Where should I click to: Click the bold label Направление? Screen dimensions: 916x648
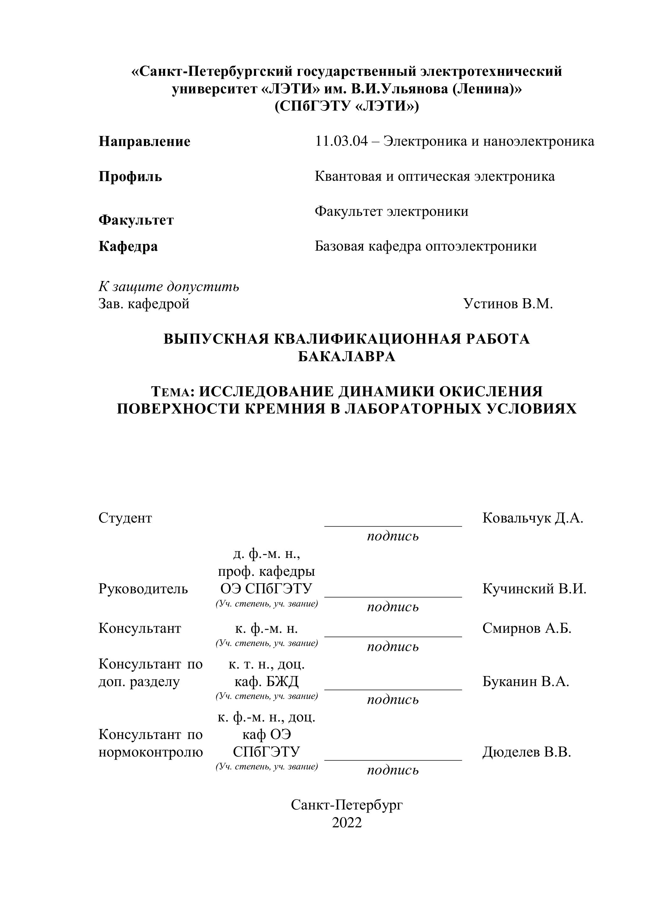[144, 141]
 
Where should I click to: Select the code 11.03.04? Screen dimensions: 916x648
[341, 141]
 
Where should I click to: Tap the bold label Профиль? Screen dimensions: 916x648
[130, 176]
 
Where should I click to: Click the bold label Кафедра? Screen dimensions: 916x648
[128, 246]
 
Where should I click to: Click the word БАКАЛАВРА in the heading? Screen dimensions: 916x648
[346, 356]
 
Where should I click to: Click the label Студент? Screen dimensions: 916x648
[125, 518]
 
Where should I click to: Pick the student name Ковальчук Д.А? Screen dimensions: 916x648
[533, 518]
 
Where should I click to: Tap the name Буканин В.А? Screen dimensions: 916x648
[525, 681]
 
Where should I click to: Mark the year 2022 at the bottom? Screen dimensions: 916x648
[346, 823]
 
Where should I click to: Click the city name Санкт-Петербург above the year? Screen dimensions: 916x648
[346, 805]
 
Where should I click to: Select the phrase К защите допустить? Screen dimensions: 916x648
[168, 286]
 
